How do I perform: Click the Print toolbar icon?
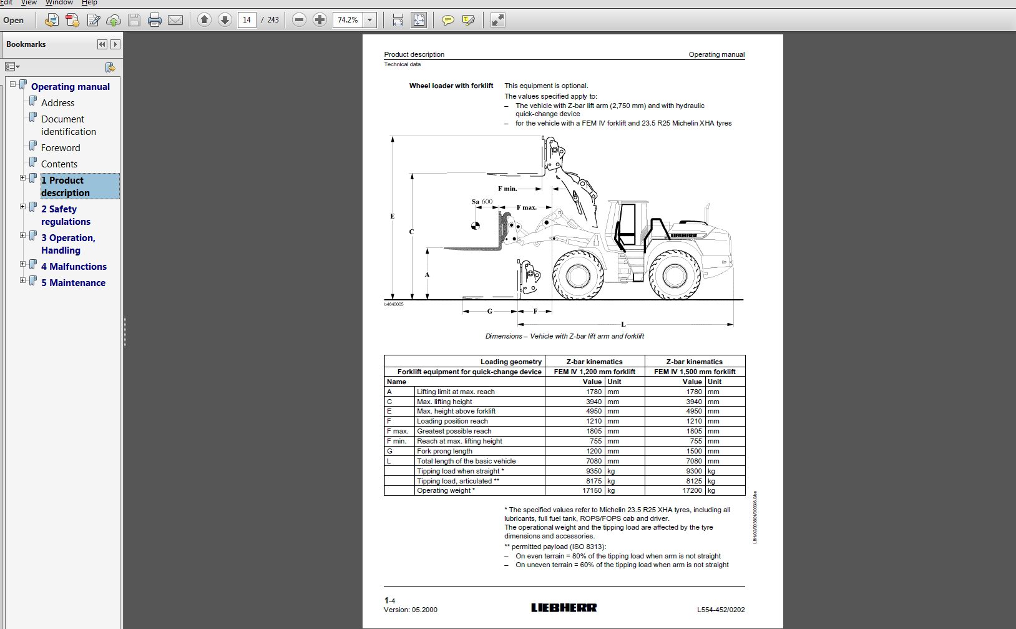[x=154, y=20]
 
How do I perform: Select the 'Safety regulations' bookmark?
[x=66, y=215]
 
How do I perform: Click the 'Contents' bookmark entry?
[x=59, y=164]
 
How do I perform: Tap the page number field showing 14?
[x=247, y=20]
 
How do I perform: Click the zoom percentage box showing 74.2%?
[x=348, y=20]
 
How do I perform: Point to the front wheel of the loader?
[x=578, y=275]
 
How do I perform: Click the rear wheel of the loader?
[x=675, y=275]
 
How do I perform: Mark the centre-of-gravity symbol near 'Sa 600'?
[x=476, y=225]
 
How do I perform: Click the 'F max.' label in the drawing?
[x=527, y=207]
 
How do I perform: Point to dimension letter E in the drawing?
[x=393, y=217]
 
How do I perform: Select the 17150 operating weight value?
[x=592, y=491]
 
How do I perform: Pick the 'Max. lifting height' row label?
[x=444, y=402]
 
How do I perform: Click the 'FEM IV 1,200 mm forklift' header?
[x=594, y=372]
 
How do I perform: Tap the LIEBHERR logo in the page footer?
[x=564, y=608]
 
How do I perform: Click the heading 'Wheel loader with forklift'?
[x=451, y=86]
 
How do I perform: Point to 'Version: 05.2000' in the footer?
[x=411, y=610]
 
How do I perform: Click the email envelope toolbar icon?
[x=175, y=20]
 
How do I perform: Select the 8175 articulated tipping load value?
[x=593, y=481]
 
